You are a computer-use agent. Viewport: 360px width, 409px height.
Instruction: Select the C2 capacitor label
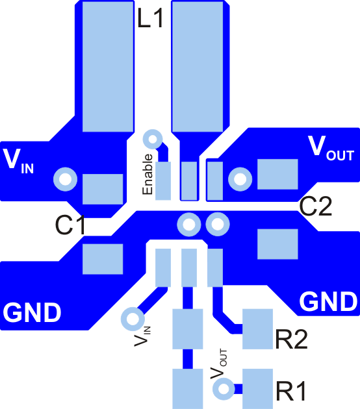316,206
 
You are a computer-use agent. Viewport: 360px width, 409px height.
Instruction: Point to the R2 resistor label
291,339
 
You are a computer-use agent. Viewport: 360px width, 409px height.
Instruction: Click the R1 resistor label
290,391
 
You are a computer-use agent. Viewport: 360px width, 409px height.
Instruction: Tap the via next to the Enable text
152,139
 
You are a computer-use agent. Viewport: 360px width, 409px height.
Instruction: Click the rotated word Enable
148,175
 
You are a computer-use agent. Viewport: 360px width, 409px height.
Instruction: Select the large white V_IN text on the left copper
19,160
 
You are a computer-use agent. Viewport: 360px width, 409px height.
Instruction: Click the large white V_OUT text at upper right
331,148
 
